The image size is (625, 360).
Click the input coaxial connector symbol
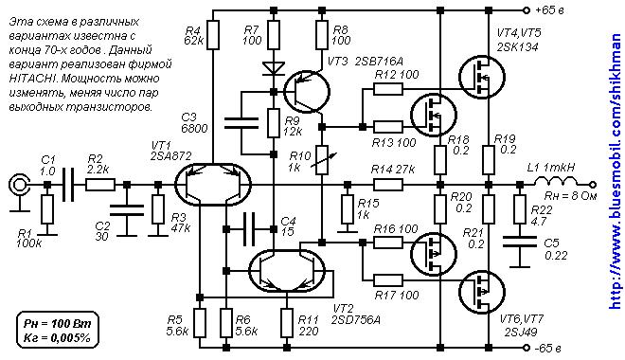pyautogui.click(x=18, y=185)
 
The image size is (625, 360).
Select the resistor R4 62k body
pyautogui.click(x=213, y=35)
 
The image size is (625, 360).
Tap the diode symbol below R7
pyautogui.click(x=274, y=68)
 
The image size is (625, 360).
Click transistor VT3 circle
pyautogui.click(x=307, y=92)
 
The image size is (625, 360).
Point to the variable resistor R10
pyautogui.click(x=322, y=160)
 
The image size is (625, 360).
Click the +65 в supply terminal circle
pyautogui.click(x=527, y=10)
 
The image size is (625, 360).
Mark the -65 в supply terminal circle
pyautogui.click(x=527, y=348)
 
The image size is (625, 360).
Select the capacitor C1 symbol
pyautogui.click(x=68, y=185)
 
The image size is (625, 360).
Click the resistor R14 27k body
pyautogui.click(x=388, y=185)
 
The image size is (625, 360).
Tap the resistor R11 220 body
pyautogui.click(x=287, y=323)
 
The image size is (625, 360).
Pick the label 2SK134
pyautogui.click(x=517, y=47)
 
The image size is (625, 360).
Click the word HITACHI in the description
pyautogui.click(x=26, y=78)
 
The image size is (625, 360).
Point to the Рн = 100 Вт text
pyautogui.click(x=58, y=323)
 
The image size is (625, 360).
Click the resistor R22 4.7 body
pyautogui.click(x=519, y=209)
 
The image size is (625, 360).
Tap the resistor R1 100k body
pyautogui.click(x=47, y=209)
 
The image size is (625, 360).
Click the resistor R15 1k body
pyautogui.click(x=348, y=209)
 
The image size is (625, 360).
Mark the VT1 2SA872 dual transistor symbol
pyautogui.click(x=213, y=185)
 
